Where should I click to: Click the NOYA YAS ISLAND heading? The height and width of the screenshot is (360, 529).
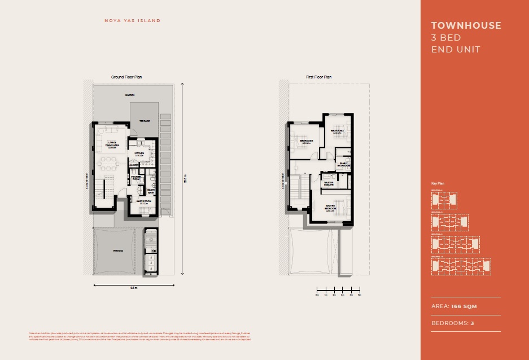(x=133, y=21)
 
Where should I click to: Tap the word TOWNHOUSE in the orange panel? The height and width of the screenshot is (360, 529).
(x=466, y=25)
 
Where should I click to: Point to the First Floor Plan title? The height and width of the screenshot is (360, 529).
(x=318, y=77)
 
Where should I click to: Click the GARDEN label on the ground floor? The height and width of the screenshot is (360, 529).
(x=130, y=95)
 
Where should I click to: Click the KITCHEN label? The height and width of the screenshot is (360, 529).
(x=139, y=153)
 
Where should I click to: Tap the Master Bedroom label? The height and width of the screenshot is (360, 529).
(x=331, y=209)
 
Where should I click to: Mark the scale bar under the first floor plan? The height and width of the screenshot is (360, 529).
(x=338, y=289)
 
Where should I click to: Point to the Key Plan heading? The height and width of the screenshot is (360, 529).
(x=438, y=184)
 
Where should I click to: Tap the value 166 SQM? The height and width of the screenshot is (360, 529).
(x=464, y=306)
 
